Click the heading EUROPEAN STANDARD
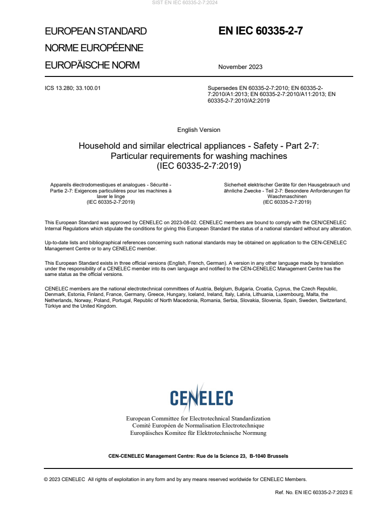(x=96, y=31)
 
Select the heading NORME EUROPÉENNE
(x=94, y=48)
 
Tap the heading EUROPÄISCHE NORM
(x=92, y=65)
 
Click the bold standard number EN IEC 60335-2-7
(x=261, y=31)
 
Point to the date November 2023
(x=240, y=67)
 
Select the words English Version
(x=199, y=130)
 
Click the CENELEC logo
(x=202, y=397)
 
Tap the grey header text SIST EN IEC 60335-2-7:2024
(x=185, y=2)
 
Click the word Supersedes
(x=222, y=88)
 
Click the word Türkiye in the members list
(x=53, y=306)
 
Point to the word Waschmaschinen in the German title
(x=287, y=196)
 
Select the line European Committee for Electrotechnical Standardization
(x=198, y=419)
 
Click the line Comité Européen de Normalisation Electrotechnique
(x=198, y=426)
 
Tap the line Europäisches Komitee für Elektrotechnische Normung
(x=198, y=433)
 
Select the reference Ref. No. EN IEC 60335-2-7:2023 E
(x=314, y=492)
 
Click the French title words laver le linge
(x=111, y=196)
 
